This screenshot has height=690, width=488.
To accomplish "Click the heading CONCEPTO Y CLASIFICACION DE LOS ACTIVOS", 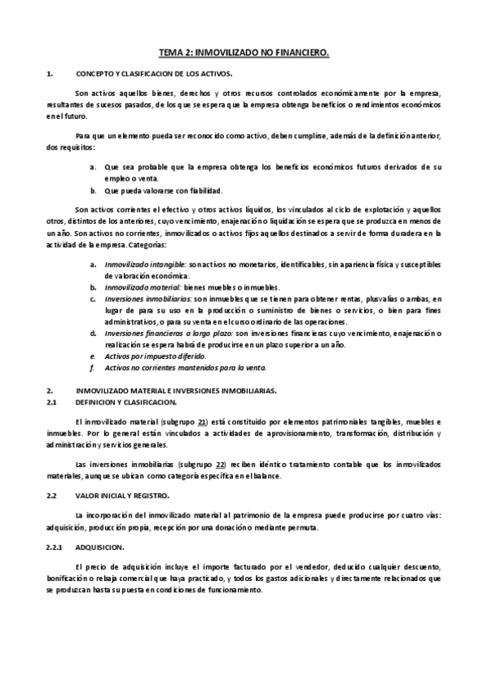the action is click(142, 75).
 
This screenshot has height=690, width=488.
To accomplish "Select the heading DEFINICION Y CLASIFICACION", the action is click(121, 402).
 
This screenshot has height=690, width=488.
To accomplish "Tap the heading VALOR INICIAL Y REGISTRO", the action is click(121, 495).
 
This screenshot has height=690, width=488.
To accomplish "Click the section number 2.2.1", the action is click(56, 548).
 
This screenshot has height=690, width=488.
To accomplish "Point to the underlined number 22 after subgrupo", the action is click(219, 463).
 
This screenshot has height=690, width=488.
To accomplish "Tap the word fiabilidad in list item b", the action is click(204, 190).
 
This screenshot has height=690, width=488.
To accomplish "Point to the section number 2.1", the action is click(51, 402).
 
